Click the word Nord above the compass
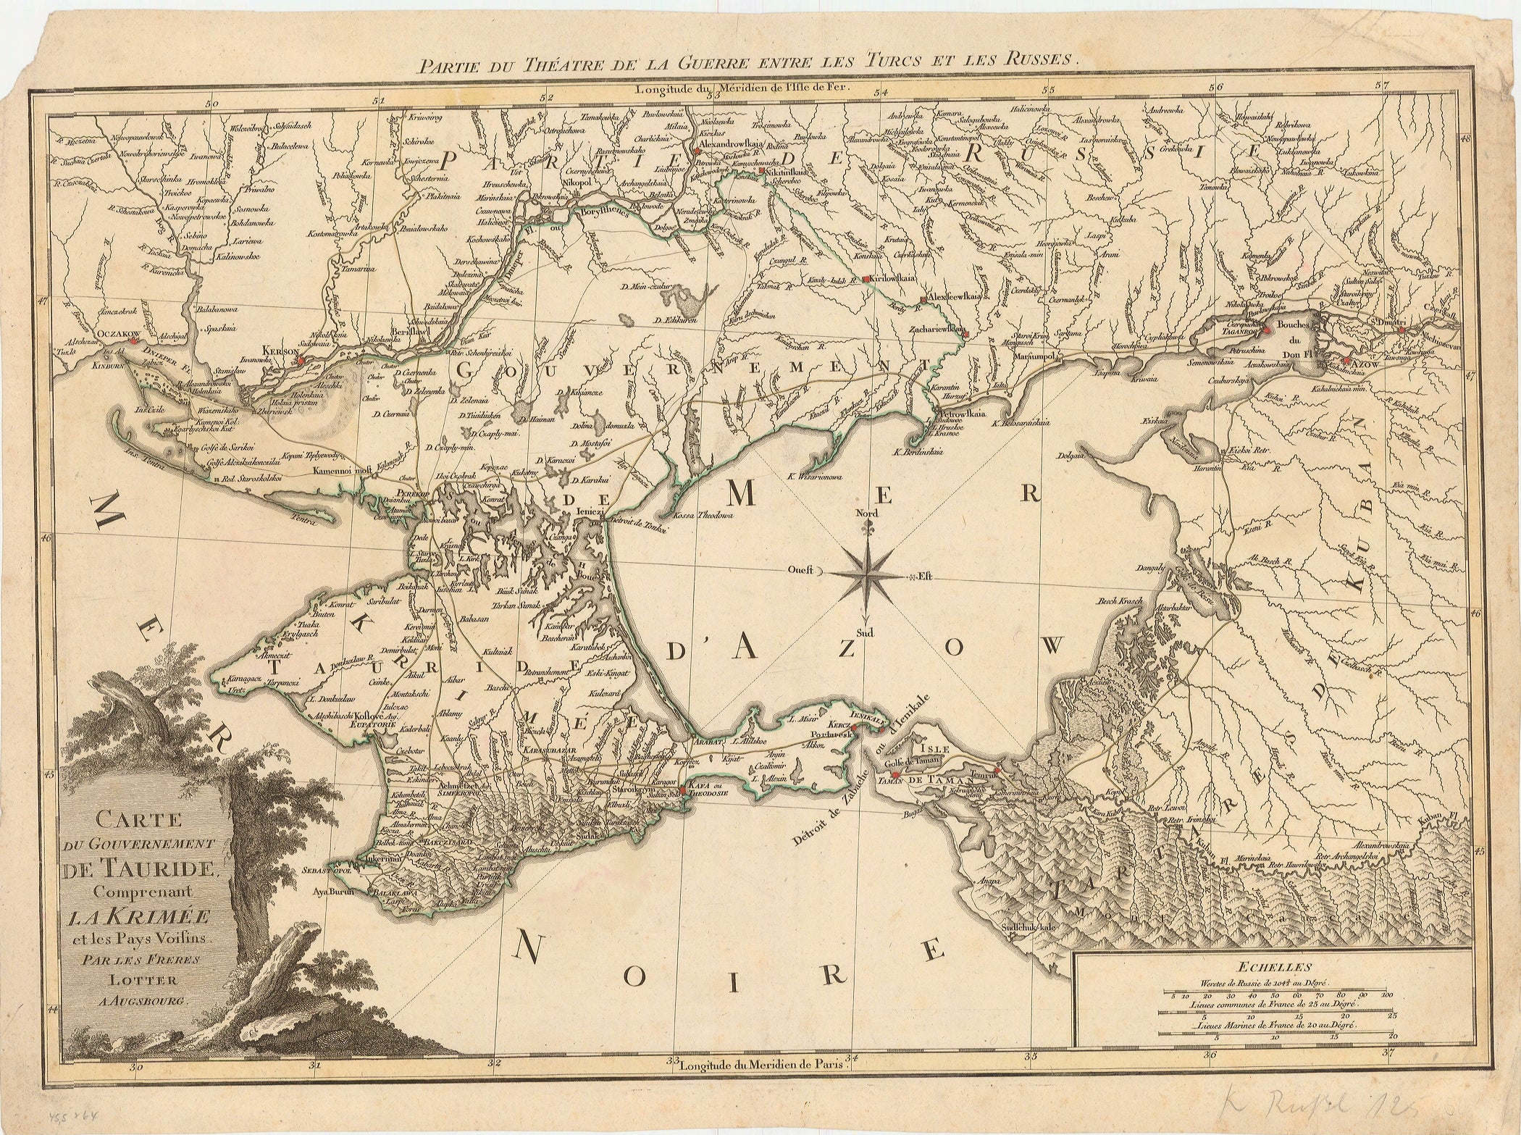866,513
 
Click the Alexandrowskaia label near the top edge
731,143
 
